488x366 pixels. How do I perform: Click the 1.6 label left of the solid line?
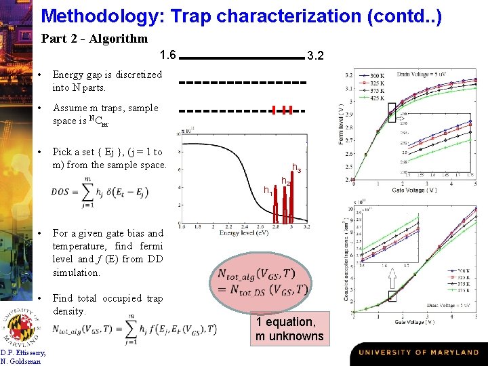(x=167, y=55)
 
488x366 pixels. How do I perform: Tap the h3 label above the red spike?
(x=297, y=167)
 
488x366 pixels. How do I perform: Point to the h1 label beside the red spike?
(x=268, y=191)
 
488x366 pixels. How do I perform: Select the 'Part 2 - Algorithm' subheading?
(x=94, y=39)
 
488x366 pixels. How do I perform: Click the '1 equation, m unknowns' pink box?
(x=289, y=329)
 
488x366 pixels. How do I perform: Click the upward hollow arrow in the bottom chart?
(x=391, y=277)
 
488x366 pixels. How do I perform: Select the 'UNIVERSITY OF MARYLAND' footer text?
(x=418, y=353)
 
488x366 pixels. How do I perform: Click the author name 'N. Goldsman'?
(x=23, y=361)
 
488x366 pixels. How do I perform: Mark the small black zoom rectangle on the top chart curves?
(x=391, y=109)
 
